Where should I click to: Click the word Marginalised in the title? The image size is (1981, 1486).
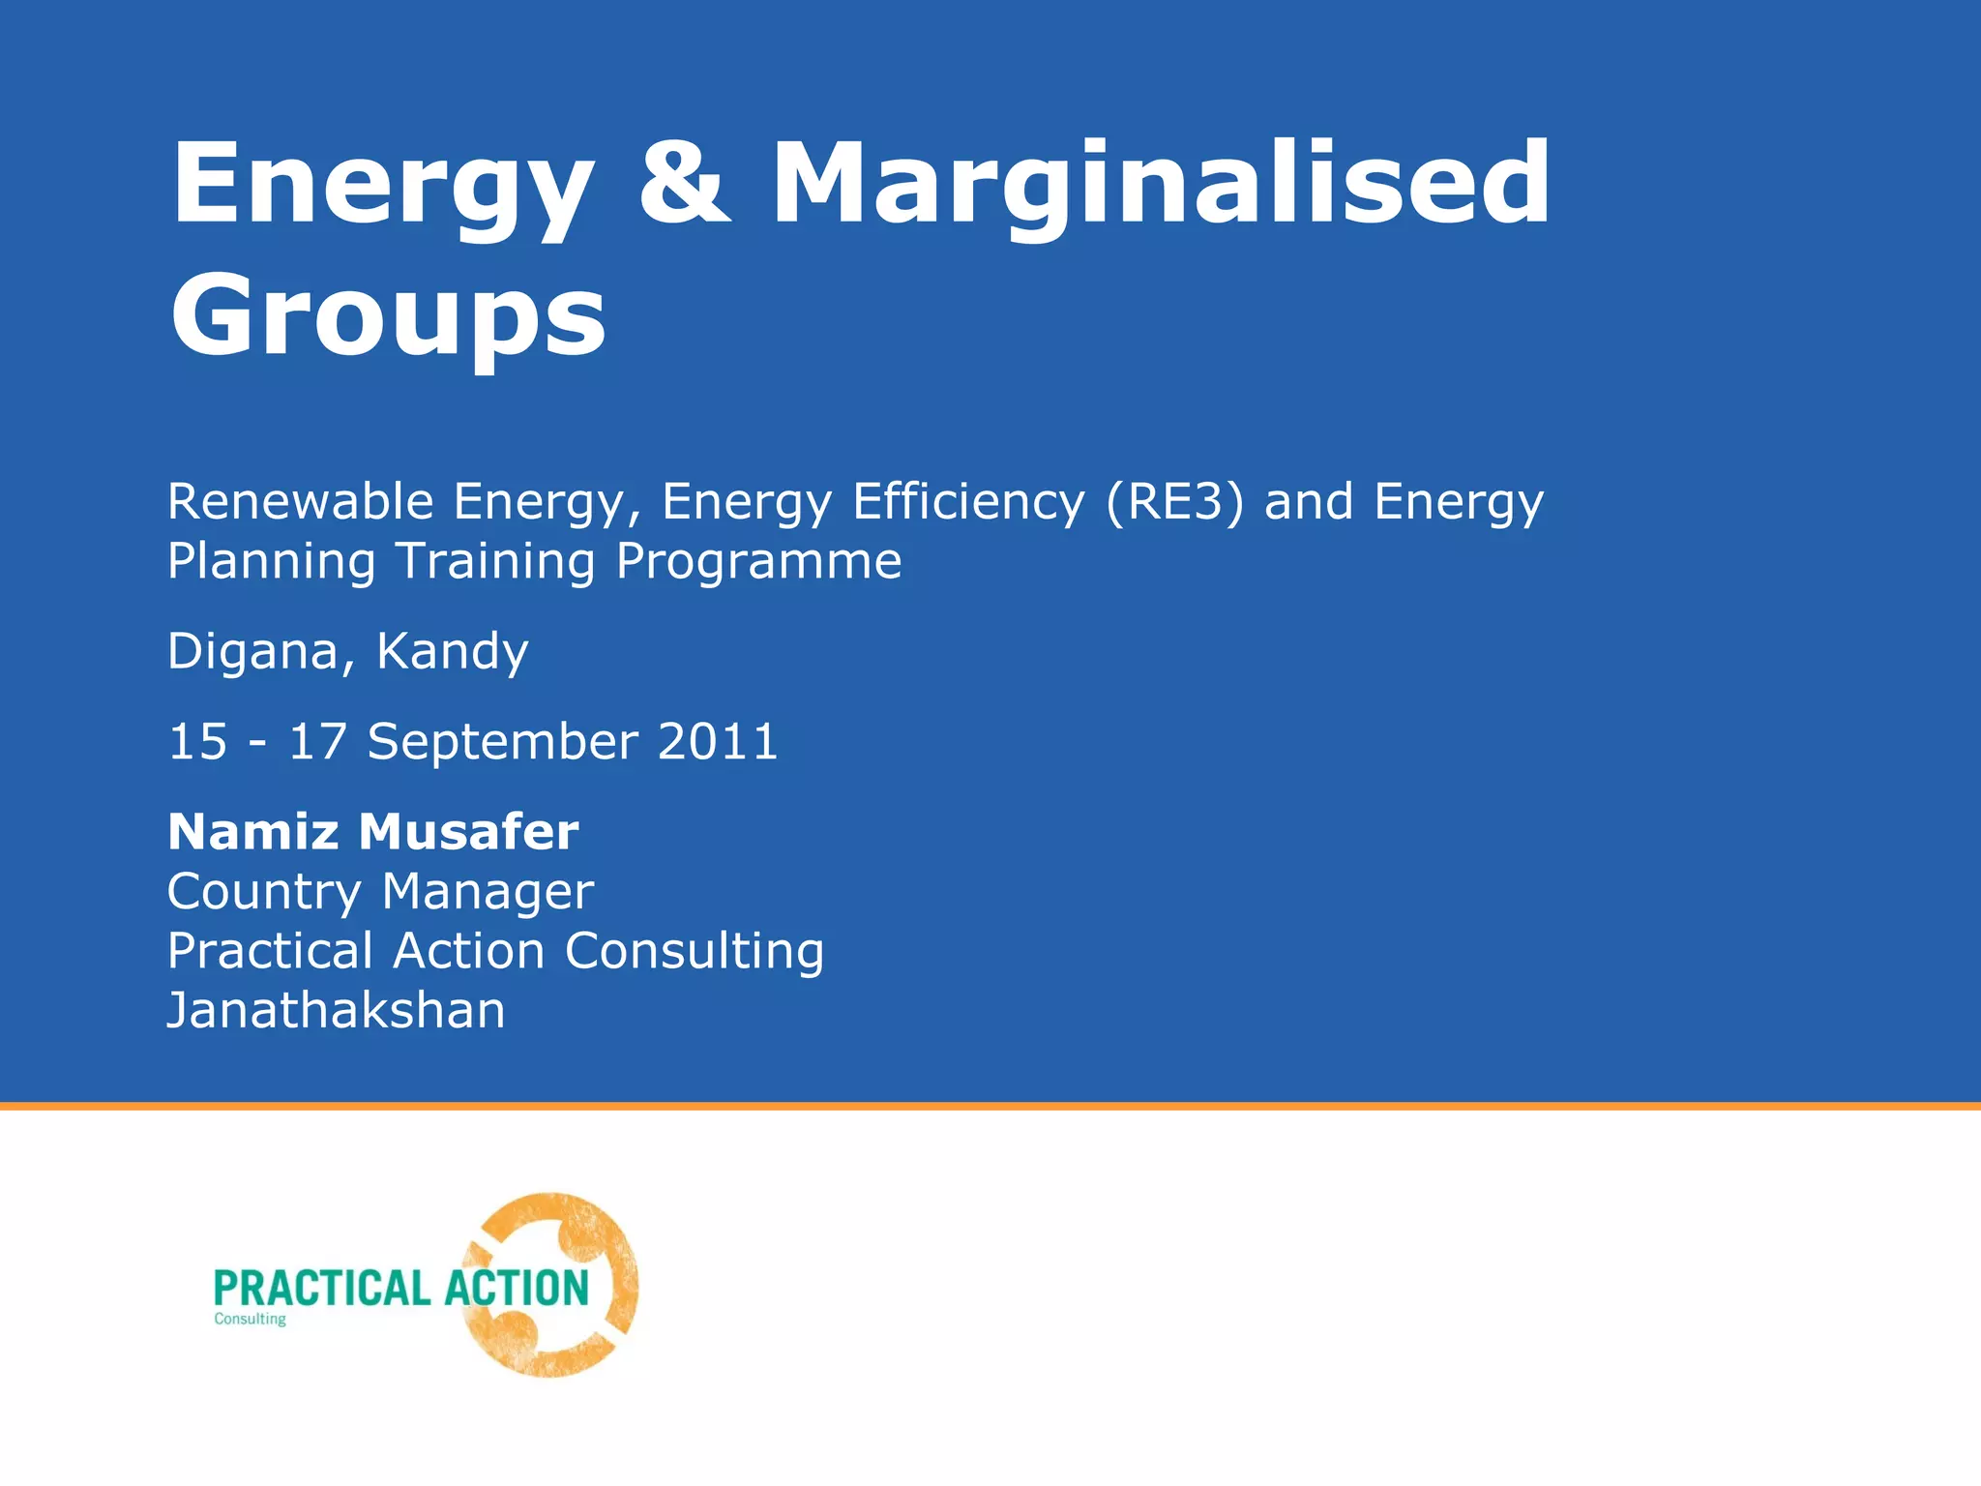[1161, 184]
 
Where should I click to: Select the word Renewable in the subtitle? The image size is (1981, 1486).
[301, 502]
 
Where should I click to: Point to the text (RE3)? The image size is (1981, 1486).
[1174, 502]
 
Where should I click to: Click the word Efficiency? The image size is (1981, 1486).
[968, 502]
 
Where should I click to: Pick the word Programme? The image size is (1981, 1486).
[759, 561]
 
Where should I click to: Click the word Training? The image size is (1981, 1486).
[495, 561]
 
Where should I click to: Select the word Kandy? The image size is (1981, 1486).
[452, 651]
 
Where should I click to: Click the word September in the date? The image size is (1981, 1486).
[503, 742]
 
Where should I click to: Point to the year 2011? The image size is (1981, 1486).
[718, 742]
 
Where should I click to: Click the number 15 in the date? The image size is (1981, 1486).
[198, 742]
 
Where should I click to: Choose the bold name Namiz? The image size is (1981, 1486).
[253, 832]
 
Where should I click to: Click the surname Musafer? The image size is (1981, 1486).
[469, 832]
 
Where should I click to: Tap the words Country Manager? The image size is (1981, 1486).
[380, 892]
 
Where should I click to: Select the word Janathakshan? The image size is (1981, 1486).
[337, 1011]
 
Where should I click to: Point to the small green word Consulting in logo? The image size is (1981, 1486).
[250, 1320]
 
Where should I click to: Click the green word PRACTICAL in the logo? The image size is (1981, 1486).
[321, 1289]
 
